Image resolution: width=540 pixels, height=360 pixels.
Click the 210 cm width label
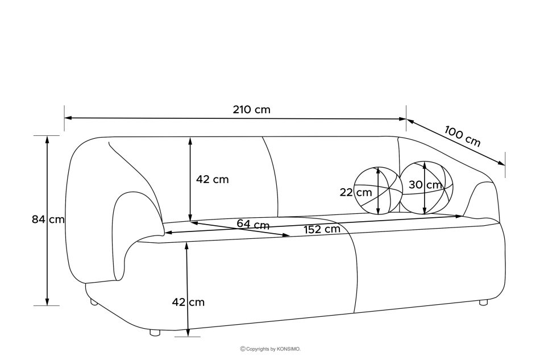point(251,110)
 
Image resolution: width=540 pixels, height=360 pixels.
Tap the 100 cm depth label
point(462,136)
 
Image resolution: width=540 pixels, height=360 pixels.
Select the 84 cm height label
point(48,219)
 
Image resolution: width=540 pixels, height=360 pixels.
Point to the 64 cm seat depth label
point(253,224)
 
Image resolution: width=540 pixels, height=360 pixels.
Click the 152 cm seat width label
point(322,229)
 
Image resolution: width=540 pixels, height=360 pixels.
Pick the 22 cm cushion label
point(356,192)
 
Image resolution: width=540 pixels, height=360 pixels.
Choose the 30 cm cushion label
point(425,185)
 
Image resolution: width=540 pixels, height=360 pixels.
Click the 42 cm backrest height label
point(212,179)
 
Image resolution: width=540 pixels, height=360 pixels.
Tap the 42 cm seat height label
point(188,302)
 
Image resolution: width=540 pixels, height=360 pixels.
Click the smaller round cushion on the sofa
point(379,191)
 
